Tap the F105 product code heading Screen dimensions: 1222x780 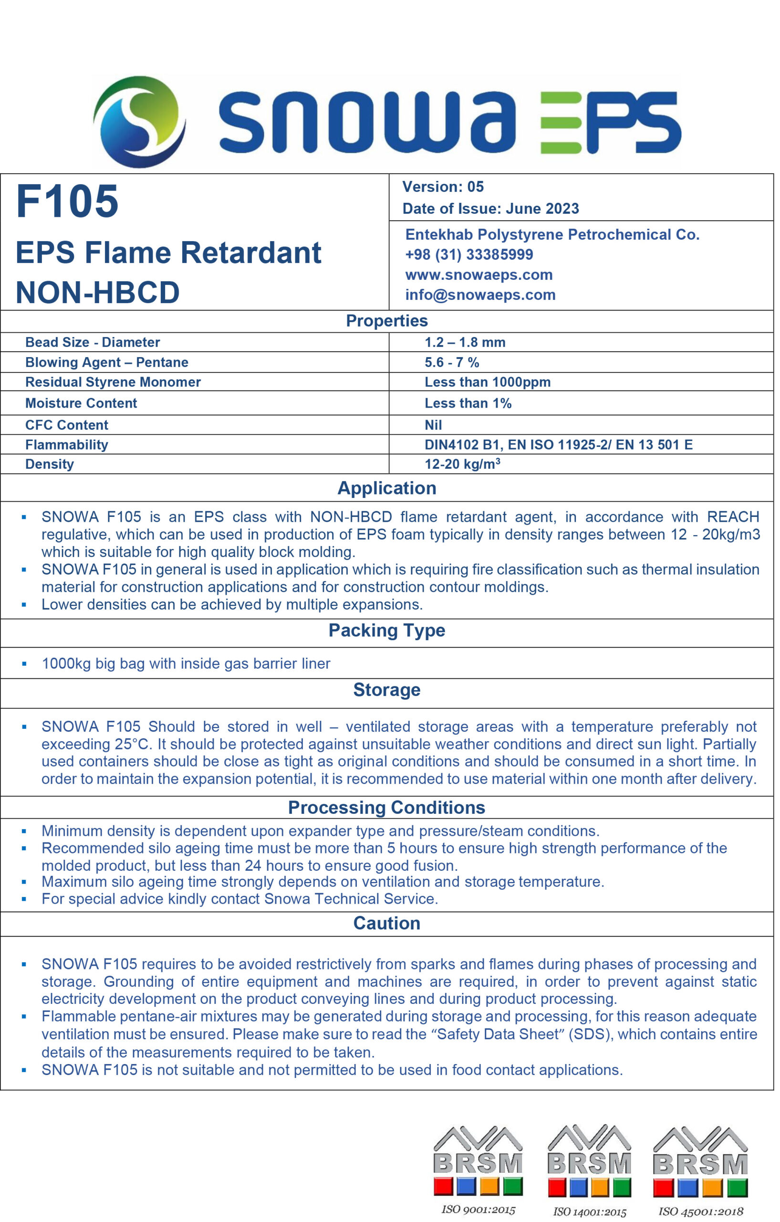(x=67, y=201)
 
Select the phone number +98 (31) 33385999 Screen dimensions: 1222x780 (x=468, y=254)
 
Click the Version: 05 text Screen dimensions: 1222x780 (x=443, y=187)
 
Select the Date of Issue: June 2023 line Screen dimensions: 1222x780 (x=490, y=208)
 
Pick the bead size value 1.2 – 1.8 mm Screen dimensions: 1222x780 (x=465, y=342)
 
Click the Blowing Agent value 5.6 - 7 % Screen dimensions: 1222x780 (x=451, y=362)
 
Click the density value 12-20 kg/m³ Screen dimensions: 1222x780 (x=462, y=464)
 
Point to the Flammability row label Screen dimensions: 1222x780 (x=66, y=444)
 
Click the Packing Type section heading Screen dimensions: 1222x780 (x=386, y=630)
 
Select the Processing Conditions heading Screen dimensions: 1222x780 (x=386, y=807)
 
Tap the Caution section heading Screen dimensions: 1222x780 (x=386, y=923)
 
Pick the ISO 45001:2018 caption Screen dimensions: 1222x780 (x=700, y=1211)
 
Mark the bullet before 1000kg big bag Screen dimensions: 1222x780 (x=24, y=664)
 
